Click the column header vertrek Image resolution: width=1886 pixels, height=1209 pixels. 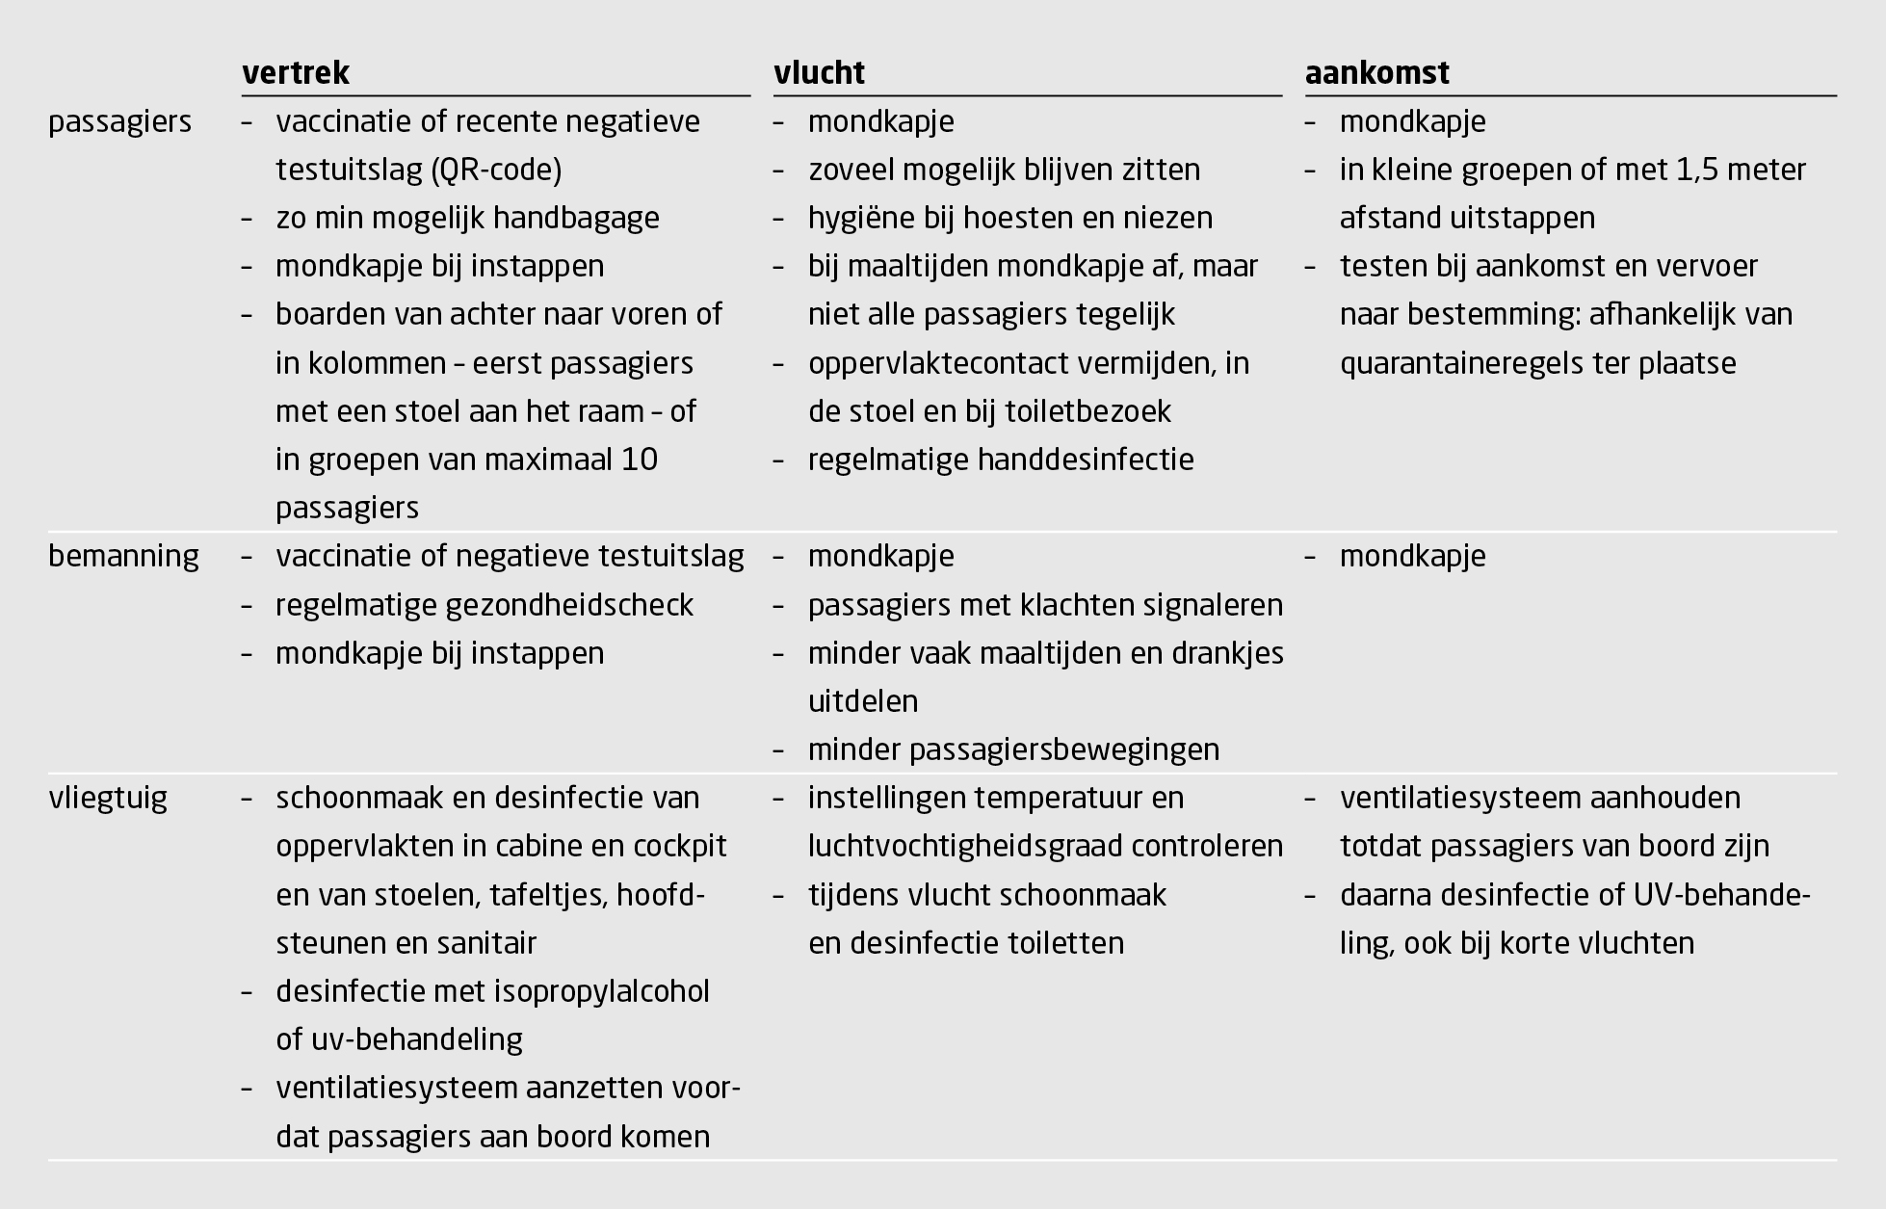(x=296, y=73)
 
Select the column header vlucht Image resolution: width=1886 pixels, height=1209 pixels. (x=819, y=73)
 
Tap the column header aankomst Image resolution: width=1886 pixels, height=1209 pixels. (x=1376, y=73)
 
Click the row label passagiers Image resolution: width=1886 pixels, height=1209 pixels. (x=119, y=122)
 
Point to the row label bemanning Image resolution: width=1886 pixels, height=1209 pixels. (x=123, y=557)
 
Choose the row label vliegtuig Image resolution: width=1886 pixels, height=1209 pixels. (x=108, y=799)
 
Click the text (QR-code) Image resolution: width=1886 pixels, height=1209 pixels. (x=497, y=171)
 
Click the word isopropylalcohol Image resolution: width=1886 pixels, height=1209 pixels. (x=602, y=992)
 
